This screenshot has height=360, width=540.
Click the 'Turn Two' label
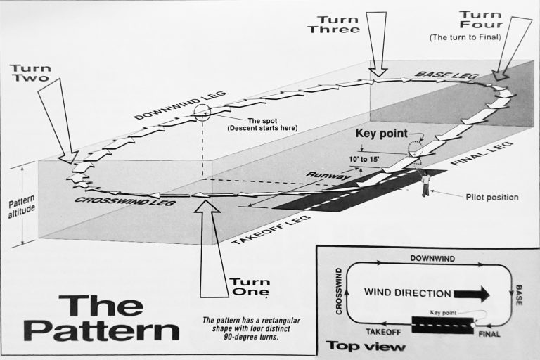[30, 73]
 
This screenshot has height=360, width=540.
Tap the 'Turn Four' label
[480, 21]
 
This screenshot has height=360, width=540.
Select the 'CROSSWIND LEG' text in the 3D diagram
[125, 201]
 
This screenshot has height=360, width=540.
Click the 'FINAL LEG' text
[482, 153]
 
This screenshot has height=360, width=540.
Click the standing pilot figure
[425, 184]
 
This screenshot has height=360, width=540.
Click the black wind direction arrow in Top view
[473, 292]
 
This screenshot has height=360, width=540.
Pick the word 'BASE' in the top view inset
[518, 294]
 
